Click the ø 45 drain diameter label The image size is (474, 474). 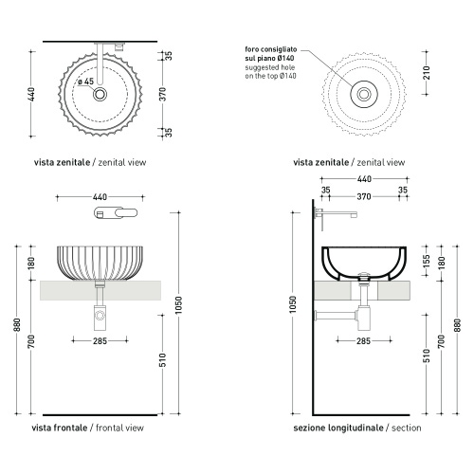tap(86, 82)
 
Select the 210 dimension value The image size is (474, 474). tap(427, 72)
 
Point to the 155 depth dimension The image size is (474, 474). tap(427, 261)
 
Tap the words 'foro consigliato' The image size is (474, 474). tap(271, 49)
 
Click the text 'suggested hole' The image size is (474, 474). tap(270, 67)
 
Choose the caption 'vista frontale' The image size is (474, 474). tap(60, 428)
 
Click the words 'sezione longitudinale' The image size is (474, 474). tap(338, 428)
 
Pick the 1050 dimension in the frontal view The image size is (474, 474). tap(178, 305)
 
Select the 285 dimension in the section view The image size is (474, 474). tap(363, 340)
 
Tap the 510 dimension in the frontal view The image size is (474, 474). tap(162, 360)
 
